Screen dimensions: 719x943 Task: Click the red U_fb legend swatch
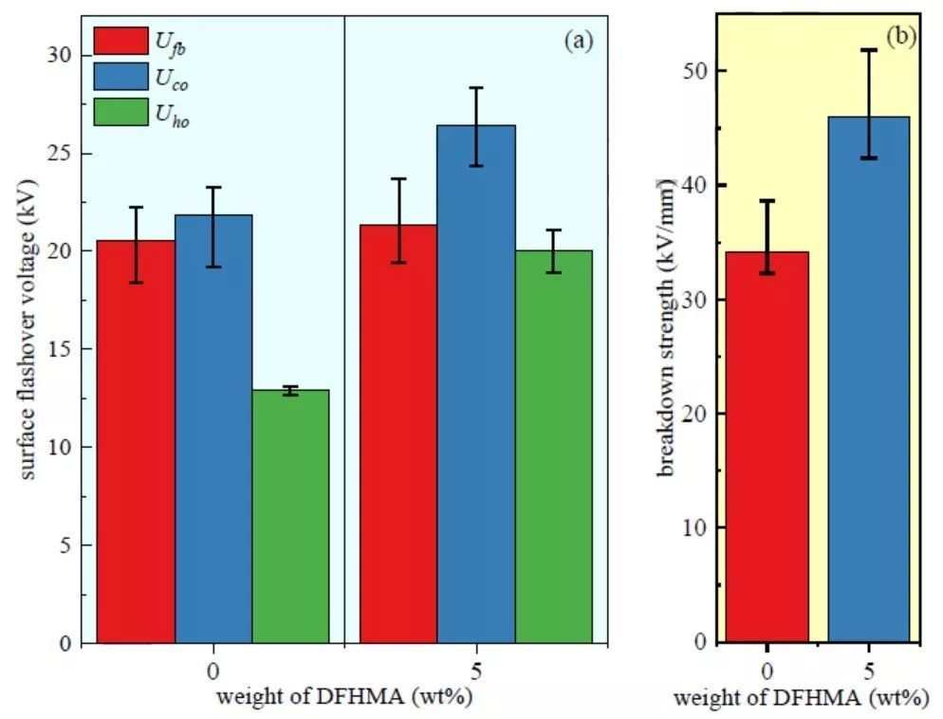pos(120,41)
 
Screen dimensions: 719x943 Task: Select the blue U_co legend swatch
pos(120,77)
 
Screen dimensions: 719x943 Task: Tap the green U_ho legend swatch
pos(120,112)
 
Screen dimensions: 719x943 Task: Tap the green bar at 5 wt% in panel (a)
pos(553,446)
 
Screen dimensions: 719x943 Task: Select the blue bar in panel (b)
pos(869,379)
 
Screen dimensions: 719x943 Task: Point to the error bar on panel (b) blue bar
pos(869,103)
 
